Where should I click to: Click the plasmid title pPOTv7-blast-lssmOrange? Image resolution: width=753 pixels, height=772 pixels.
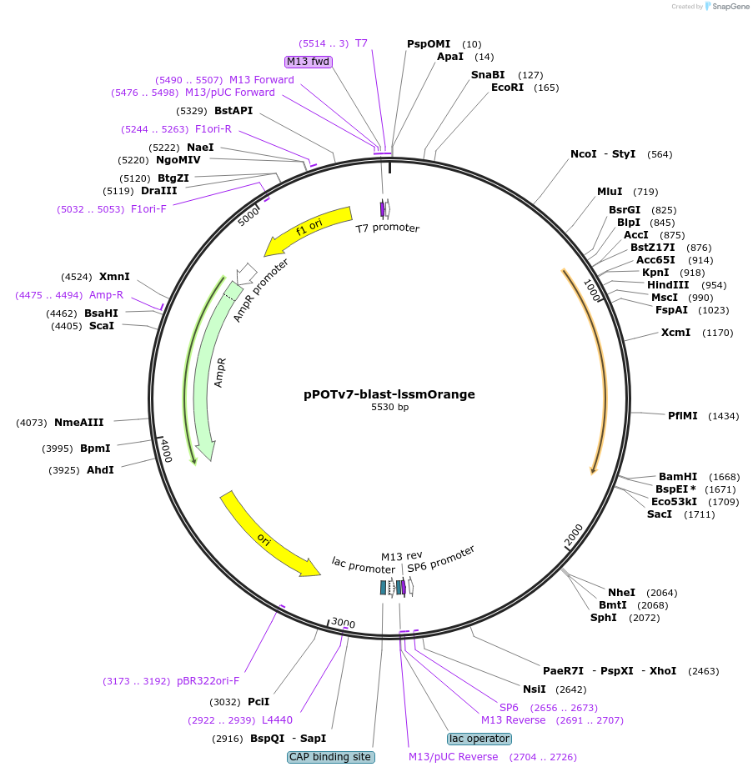389,394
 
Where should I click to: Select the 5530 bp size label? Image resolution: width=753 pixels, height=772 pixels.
389,408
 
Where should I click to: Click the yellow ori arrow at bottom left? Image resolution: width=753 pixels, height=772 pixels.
267,534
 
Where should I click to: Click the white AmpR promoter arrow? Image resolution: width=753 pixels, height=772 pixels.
246,273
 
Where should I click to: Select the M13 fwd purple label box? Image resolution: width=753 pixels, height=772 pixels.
308,62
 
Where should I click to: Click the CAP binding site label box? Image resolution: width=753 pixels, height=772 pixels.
330,757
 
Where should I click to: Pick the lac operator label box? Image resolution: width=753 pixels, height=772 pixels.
479,739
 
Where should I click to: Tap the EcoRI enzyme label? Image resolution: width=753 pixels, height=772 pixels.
507,87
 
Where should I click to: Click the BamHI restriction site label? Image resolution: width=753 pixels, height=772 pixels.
677,476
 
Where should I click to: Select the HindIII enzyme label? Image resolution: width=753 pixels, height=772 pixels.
667,284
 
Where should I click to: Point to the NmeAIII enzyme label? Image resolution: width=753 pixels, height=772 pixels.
79,422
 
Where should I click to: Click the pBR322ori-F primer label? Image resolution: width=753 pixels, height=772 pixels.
208,681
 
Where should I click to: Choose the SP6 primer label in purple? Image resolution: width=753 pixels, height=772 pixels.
509,707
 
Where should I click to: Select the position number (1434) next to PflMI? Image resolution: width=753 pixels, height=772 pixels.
723,415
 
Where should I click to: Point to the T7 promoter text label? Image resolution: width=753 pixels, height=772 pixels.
387,228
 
